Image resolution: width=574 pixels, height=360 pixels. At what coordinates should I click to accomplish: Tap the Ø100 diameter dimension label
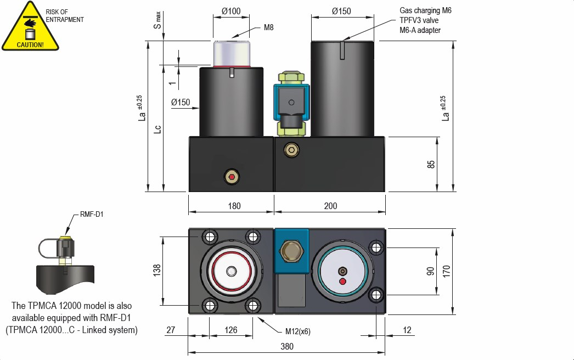tap(231, 10)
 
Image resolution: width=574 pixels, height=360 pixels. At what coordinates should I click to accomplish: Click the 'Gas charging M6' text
tap(425, 10)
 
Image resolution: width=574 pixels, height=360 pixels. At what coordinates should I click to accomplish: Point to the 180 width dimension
tap(234, 206)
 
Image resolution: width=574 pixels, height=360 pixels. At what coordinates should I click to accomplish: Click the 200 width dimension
tap(330, 206)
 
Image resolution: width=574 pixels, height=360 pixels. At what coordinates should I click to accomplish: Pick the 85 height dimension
tap(431, 164)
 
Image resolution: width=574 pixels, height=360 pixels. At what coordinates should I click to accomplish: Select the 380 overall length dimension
tap(286, 346)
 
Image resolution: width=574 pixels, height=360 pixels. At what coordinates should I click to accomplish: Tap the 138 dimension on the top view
tap(156, 270)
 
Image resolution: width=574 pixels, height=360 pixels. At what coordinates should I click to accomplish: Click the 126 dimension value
tap(232, 330)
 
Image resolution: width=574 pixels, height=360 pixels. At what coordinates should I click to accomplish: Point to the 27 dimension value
tap(171, 330)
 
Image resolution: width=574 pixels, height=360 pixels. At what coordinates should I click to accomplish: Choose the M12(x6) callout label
tap(299, 331)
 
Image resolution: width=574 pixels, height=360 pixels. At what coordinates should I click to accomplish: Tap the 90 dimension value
tap(431, 271)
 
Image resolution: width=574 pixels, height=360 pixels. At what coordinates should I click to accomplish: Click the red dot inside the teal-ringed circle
tap(343, 282)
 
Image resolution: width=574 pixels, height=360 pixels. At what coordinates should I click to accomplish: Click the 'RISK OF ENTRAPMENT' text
tap(65, 16)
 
